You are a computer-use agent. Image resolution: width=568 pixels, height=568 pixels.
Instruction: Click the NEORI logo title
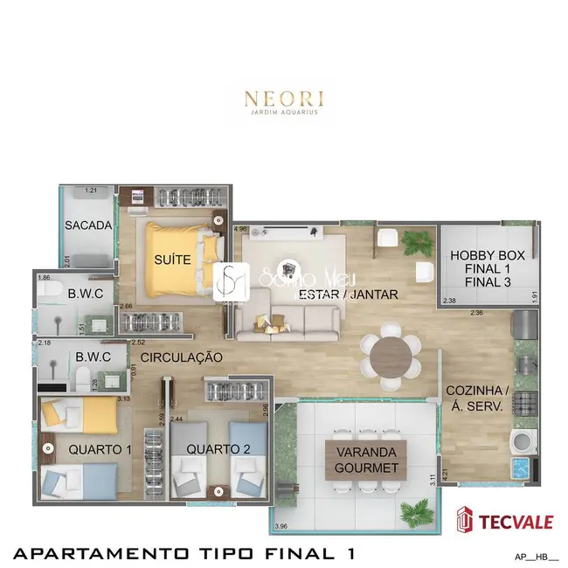284,95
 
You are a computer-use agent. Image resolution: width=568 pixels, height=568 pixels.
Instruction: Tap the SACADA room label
88,225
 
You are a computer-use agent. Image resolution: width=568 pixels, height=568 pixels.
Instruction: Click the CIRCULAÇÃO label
182,357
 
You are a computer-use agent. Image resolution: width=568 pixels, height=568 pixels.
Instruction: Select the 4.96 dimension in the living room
241,230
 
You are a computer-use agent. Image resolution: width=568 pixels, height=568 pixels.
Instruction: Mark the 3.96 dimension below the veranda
281,526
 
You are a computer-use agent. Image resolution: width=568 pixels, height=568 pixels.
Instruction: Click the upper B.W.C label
86,294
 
